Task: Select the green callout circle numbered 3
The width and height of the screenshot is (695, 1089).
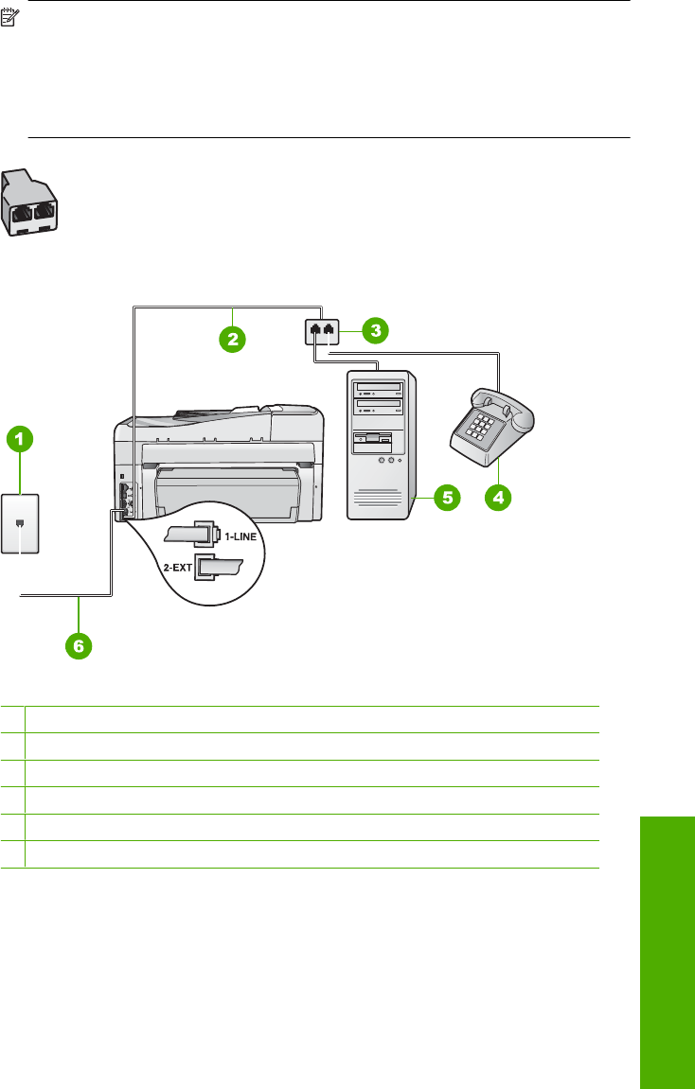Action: coord(376,331)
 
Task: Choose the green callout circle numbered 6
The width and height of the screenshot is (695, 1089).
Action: coord(80,647)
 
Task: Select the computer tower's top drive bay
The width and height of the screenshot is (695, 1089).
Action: coord(378,388)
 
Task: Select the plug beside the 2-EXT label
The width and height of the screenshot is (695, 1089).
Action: coord(219,570)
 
